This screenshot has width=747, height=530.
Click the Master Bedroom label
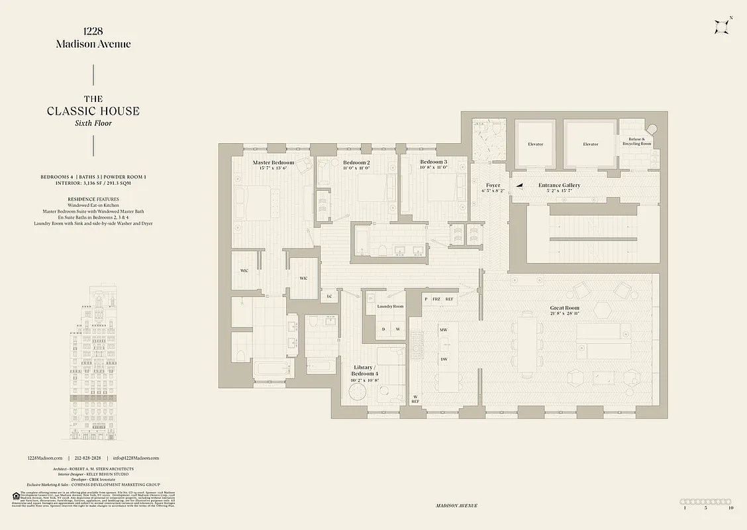[x=273, y=162]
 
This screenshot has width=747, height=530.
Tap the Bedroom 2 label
[x=356, y=162]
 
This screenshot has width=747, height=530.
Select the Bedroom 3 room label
[x=434, y=162]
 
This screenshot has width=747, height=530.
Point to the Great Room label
[x=564, y=308]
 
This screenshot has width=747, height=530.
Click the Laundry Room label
[x=390, y=307]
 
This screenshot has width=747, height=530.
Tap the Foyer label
[x=493, y=185]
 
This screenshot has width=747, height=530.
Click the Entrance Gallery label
[x=559, y=185]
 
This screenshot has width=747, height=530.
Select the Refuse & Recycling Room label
[x=635, y=141]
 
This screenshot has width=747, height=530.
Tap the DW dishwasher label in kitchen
[x=444, y=359]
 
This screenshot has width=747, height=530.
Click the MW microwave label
[x=444, y=329]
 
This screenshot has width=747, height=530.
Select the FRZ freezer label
[x=436, y=299]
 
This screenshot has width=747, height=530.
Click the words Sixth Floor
[x=93, y=123]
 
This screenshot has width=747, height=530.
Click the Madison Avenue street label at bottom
[x=457, y=505]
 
